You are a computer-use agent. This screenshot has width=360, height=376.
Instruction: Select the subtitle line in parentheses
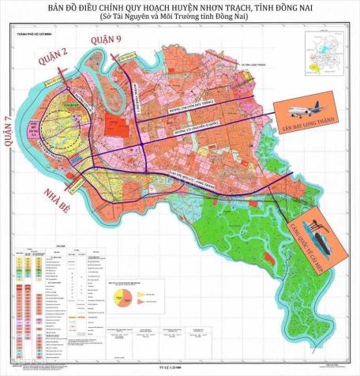tap(180, 24)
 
